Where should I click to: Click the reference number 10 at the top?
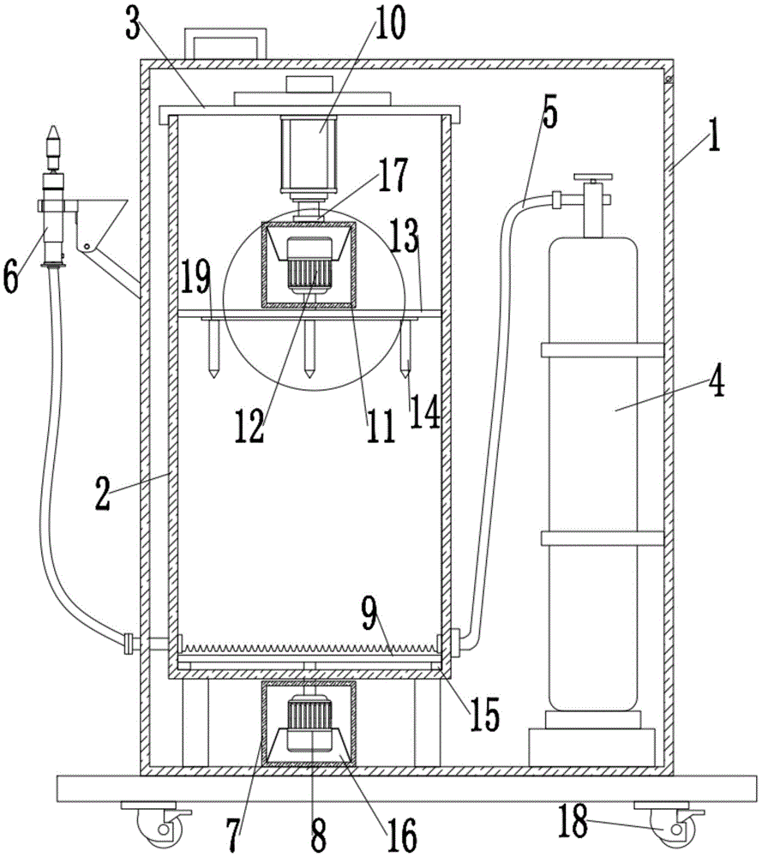pyautogui.click(x=390, y=23)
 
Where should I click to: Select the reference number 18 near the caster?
pyautogui.click(x=573, y=820)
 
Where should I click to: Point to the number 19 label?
pyautogui.click(x=195, y=277)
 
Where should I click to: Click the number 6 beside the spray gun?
pyautogui.click(x=11, y=276)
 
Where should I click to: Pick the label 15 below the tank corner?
pyautogui.click(x=485, y=715)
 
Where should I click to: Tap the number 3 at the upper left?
pyautogui.click(x=133, y=25)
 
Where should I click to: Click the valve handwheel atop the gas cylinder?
pyautogui.click(x=592, y=177)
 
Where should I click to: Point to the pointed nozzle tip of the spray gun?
pyautogui.click(x=53, y=133)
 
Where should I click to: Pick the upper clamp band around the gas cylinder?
pyautogui.click(x=603, y=350)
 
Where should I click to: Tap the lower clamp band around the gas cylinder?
pyautogui.click(x=603, y=538)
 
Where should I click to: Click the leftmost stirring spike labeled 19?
pyautogui.click(x=213, y=348)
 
